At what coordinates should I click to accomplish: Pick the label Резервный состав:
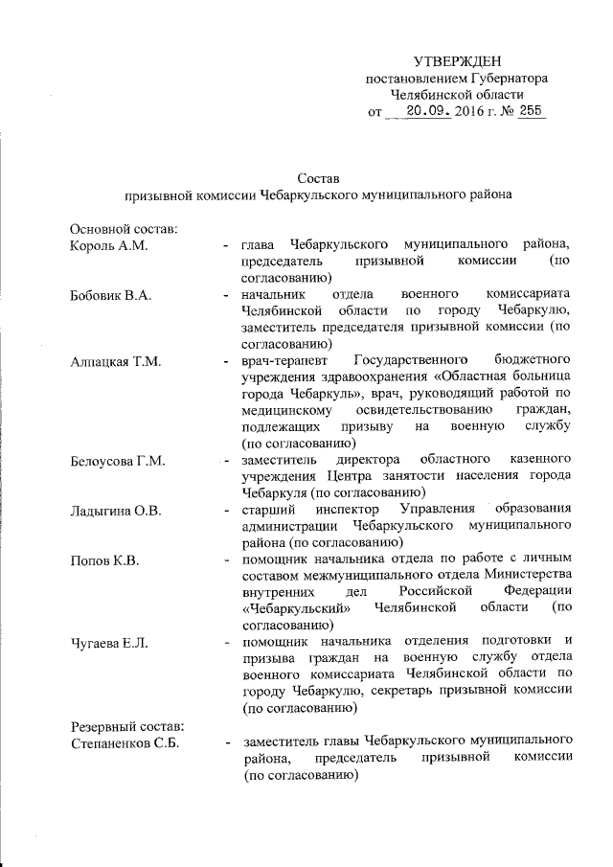(120, 725)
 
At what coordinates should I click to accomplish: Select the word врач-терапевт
(284, 361)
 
